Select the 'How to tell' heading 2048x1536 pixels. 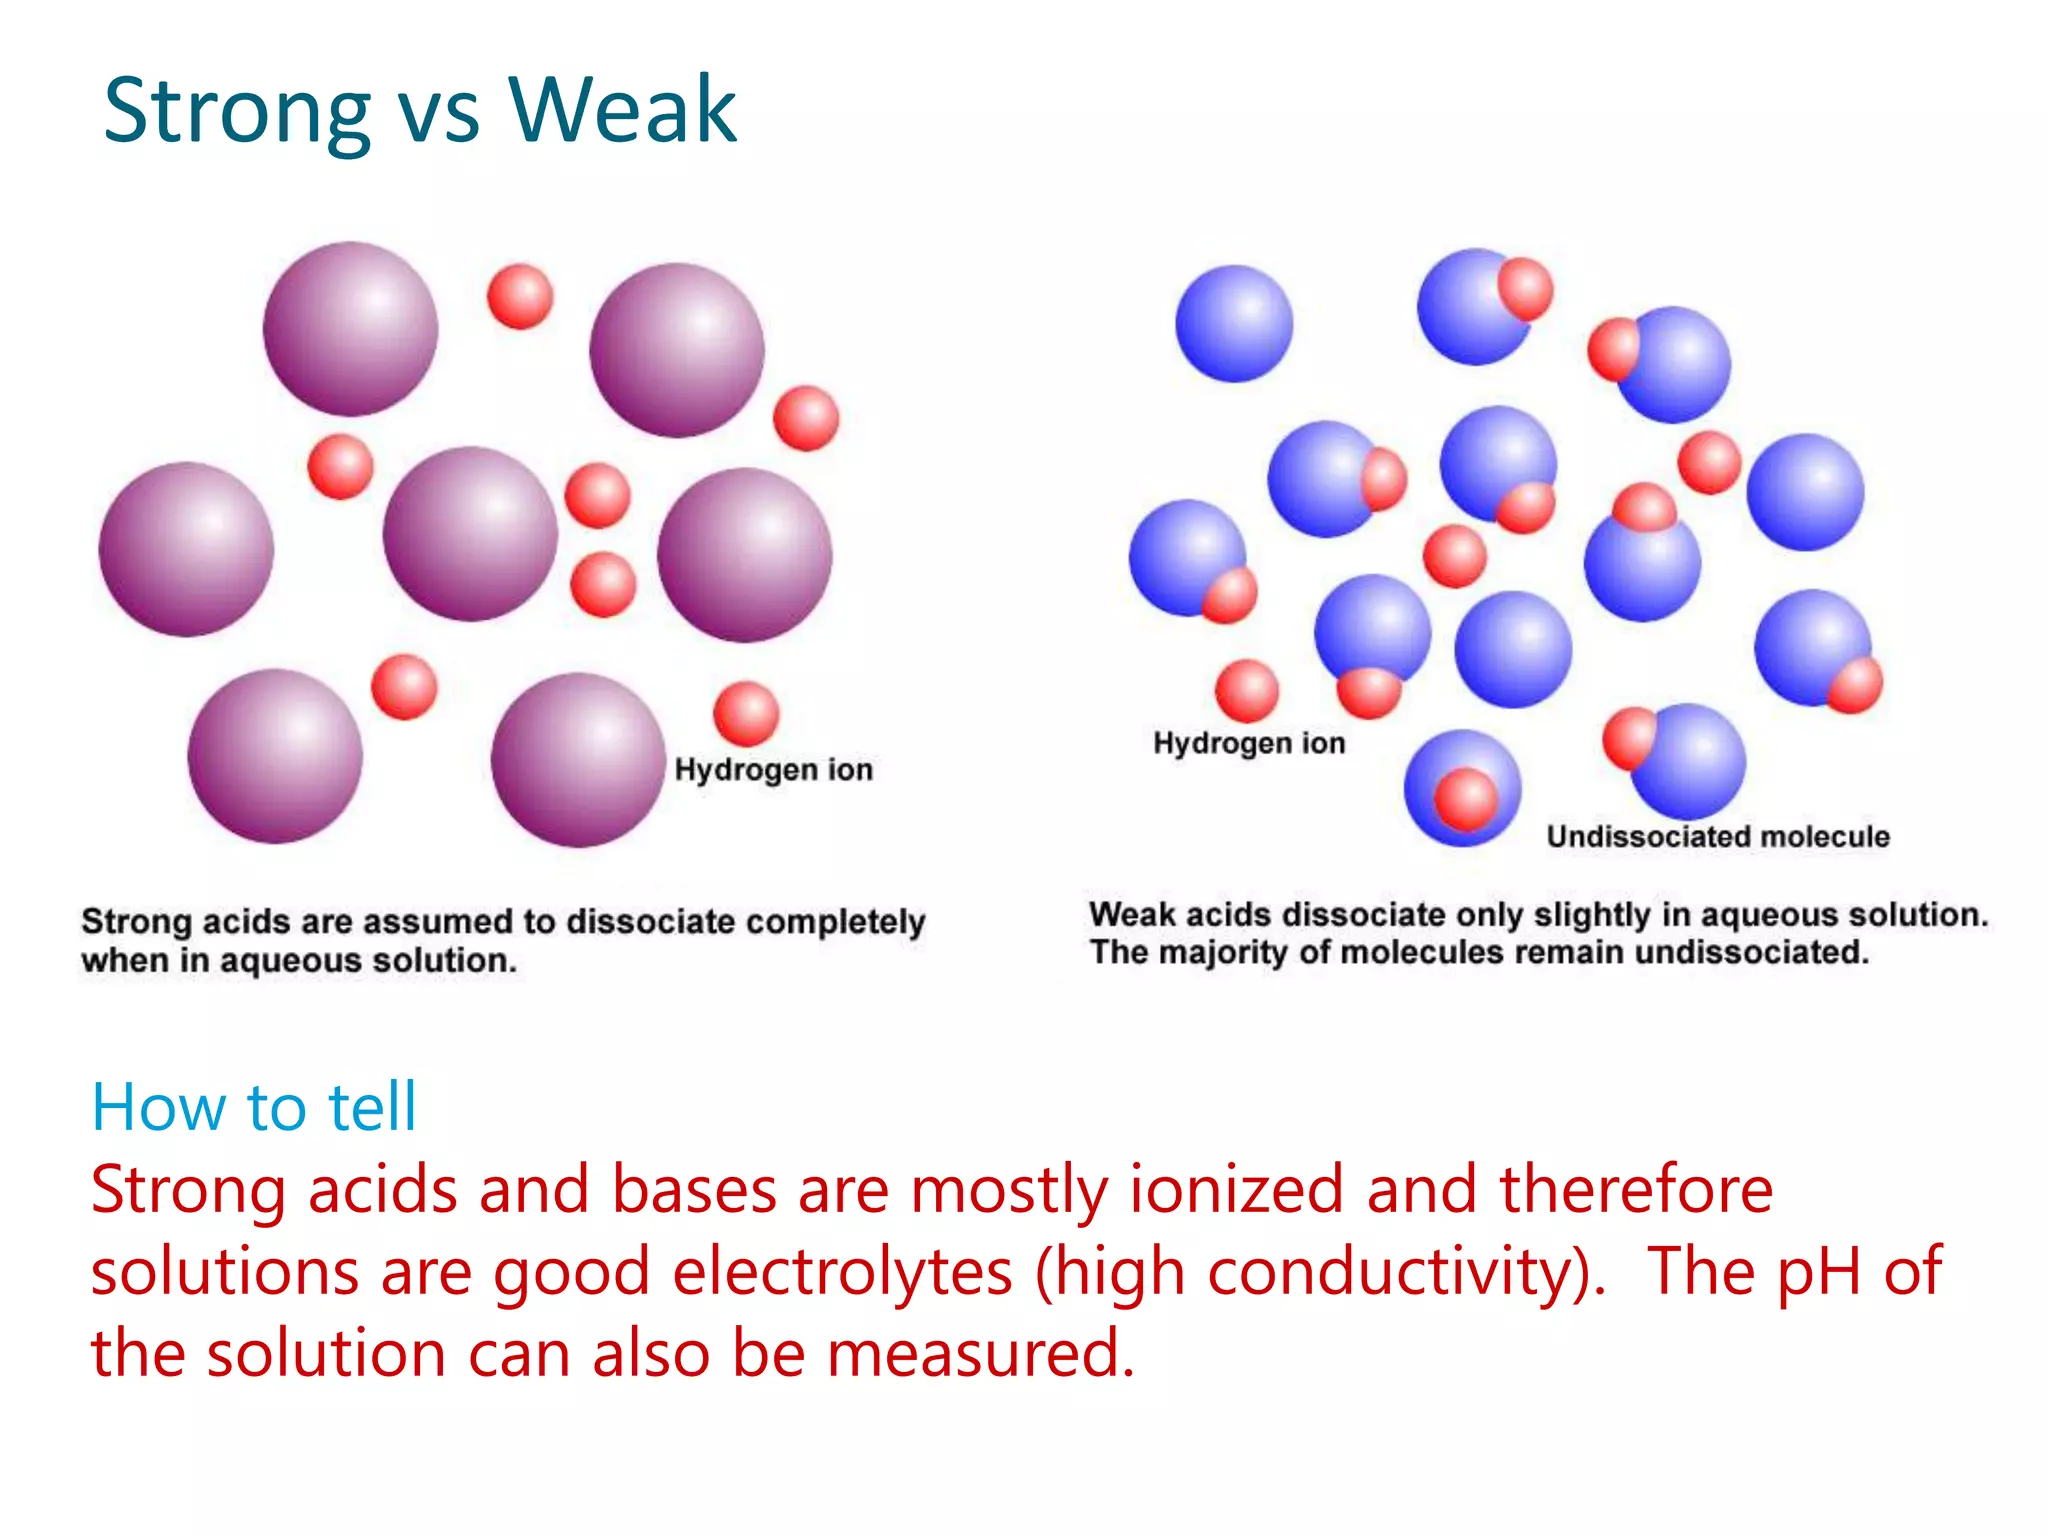pos(253,1107)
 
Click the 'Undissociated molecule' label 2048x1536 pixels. pos(1718,836)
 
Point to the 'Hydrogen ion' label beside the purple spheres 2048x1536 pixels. pos(773,769)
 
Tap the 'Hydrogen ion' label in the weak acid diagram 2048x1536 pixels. pos(1249,743)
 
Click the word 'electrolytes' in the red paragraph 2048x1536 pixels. pos(842,1272)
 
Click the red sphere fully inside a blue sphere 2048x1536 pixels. pos(1466,799)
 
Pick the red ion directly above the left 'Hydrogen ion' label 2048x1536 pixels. pos(746,713)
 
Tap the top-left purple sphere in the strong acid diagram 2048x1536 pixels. pos(350,328)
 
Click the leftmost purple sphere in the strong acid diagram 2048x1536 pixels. pos(186,549)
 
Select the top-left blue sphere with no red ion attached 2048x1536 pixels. pos(1234,323)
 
